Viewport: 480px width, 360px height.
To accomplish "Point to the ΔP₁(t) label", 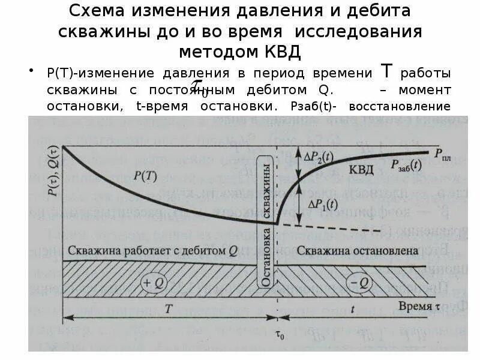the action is pos(322,204).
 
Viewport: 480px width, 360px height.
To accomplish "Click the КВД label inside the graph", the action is pos(361,169).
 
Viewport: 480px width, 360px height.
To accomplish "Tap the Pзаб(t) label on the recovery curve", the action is pos(406,164).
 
